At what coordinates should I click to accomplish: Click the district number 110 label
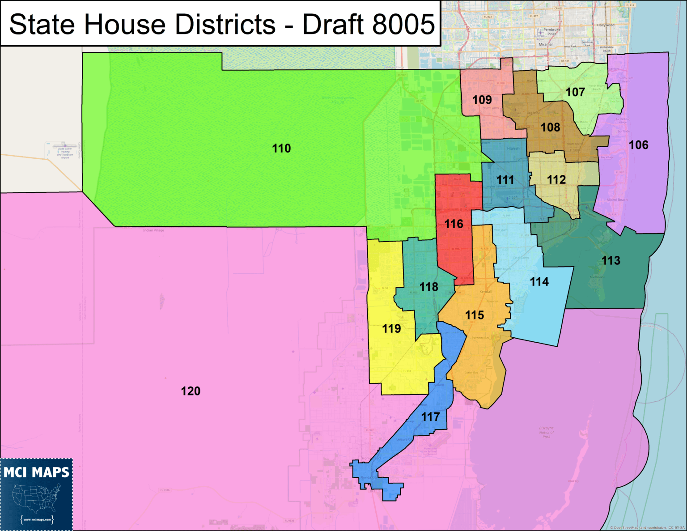[281, 149]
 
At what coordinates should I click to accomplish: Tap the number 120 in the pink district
[191, 391]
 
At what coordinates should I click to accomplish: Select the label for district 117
[430, 417]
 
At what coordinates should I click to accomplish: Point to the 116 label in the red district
[454, 224]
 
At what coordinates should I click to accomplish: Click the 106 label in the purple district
[638, 145]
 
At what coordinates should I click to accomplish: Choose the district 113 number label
[611, 260]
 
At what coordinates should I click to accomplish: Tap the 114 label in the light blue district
[539, 282]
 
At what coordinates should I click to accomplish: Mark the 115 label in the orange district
[475, 315]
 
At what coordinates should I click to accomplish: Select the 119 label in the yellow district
[391, 329]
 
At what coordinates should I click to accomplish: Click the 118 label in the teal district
[428, 287]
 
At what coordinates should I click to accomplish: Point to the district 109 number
[482, 100]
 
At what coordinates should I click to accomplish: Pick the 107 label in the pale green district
[575, 92]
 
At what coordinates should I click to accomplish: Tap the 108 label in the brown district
[550, 127]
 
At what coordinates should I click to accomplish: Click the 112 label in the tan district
[556, 180]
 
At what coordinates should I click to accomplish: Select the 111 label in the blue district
[505, 180]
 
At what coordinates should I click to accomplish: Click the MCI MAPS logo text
[37, 472]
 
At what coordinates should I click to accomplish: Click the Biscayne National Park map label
[546, 432]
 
